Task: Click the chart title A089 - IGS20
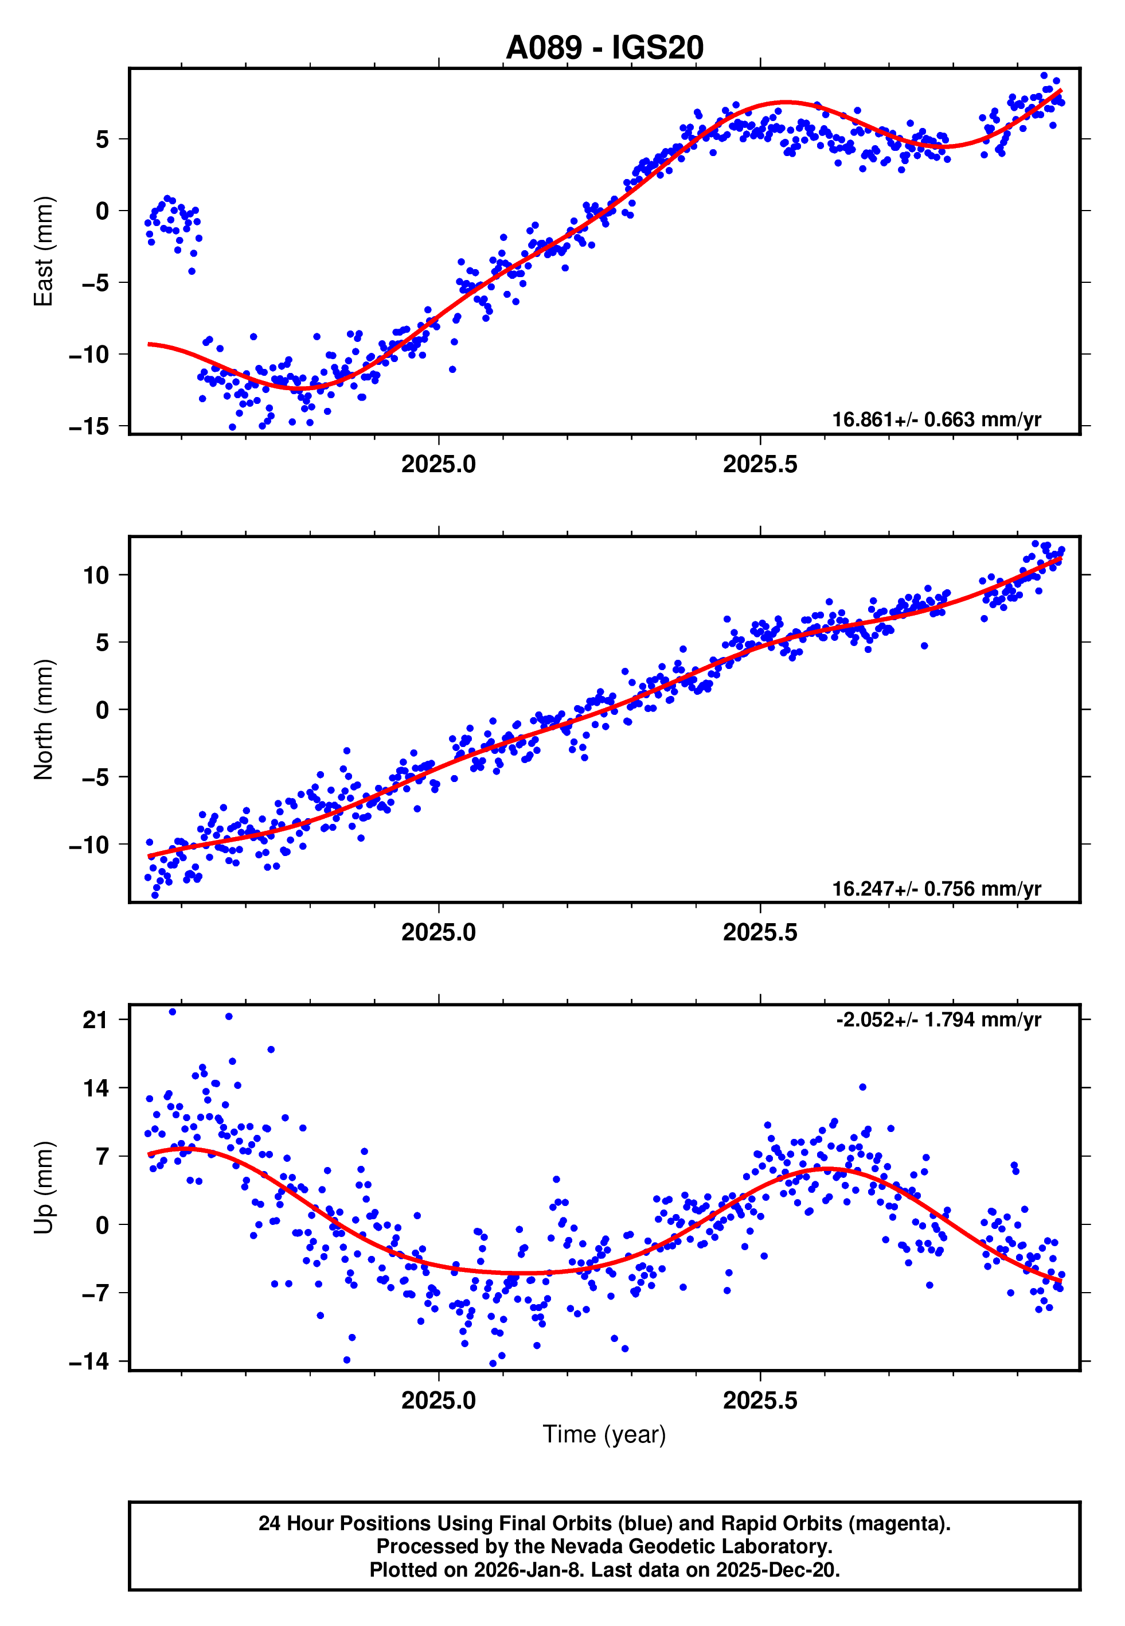(x=604, y=48)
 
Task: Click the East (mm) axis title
(x=44, y=251)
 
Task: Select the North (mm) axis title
(x=44, y=719)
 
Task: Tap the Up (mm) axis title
(x=44, y=1188)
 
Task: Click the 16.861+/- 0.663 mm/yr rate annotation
(x=936, y=419)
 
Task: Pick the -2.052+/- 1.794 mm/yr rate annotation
(x=938, y=1020)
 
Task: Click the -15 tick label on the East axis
(x=89, y=427)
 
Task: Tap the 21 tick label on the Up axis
(x=95, y=1020)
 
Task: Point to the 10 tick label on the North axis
(x=96, y=575)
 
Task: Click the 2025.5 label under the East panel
(x=760, y=464)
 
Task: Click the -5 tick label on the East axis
(x=95, y=283)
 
